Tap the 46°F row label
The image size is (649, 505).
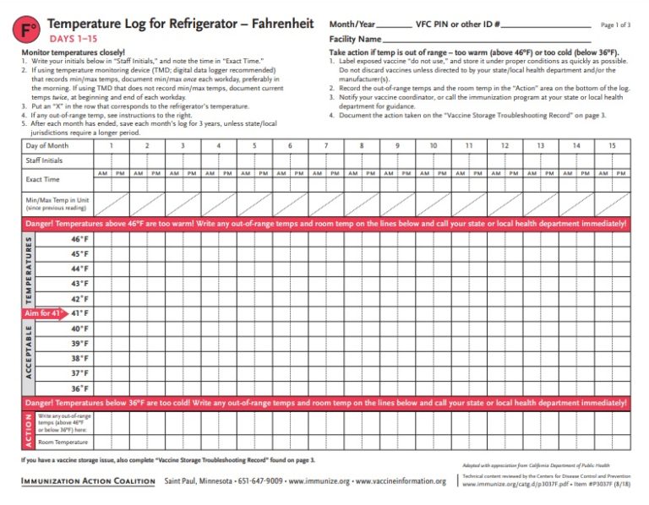click(x=79, y=239)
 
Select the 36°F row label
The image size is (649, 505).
click(x=79, y=388)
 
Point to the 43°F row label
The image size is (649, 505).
click(x=79, y=284)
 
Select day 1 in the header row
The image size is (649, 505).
click(x=111, y=146)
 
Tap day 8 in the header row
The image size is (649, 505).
click(x=361, y=146)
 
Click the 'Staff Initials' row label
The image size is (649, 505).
click(x=44, y=160)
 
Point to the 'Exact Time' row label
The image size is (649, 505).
click(x=42, y=180)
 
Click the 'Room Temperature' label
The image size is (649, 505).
click(x=63, y=442)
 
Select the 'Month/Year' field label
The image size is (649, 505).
click(x=352, y=24)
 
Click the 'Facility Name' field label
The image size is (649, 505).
click(x=354, y=39)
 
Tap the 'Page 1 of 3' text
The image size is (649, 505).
click(x=615, y=25)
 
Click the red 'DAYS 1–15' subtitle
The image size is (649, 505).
click(x=72, y=39)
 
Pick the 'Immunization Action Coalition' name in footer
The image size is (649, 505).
click(x=88, y=481)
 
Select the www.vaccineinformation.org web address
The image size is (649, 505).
click(x=401, y=481)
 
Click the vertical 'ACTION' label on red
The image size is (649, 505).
click(x=28, y=430)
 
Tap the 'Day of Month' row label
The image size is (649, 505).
click(x=46, y=146)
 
